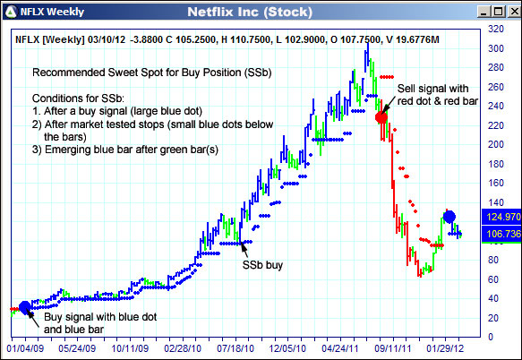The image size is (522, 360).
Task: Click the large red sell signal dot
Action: coord(381,117)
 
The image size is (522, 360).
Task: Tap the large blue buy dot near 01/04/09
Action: coord(24,307)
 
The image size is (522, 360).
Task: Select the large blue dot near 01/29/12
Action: coord(449,216)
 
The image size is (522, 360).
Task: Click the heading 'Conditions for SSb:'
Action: coord(80,96)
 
